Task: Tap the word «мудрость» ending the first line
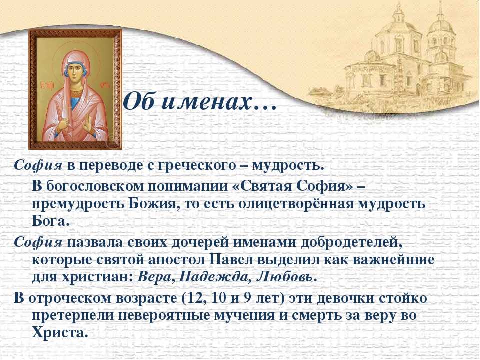click(x=288, y=166)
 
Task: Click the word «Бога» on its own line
click(x=49, y=221)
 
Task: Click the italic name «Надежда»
click(x=214, y=277)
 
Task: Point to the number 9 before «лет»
click(x=247, y=298)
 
